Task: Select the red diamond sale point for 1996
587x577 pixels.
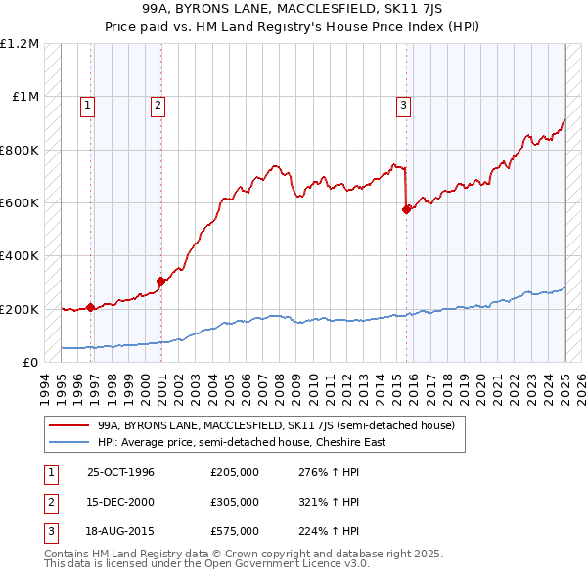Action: tap(91, 307)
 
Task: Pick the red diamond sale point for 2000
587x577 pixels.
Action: tap(161, 281)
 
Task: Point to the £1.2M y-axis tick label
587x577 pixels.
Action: tap(20, 44)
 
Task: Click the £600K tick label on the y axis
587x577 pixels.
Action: tap(19, 203)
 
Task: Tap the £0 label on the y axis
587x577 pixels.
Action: tap(28, 363)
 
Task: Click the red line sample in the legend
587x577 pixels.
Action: tap(68, 426)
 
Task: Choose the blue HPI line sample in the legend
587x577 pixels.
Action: tap(68, 442)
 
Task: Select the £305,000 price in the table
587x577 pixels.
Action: tap(235, 502)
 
